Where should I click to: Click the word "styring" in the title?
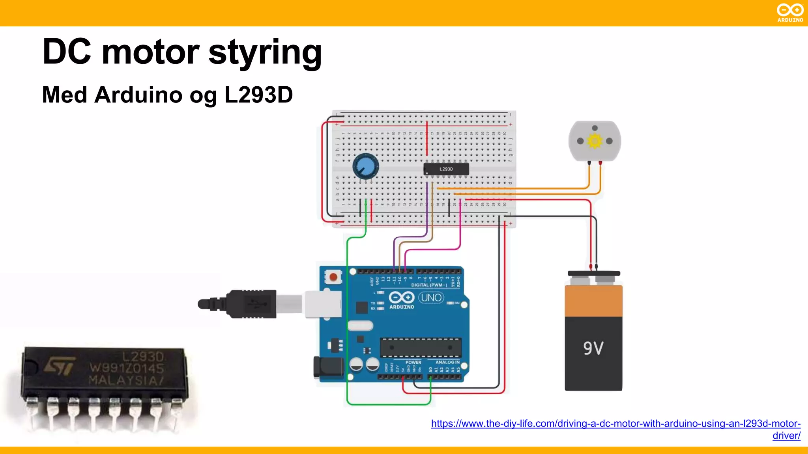pyautogui.click(x=265, y=53)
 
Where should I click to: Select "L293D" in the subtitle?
pyautogui.click(x=258, y=95)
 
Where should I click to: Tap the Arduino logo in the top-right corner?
pyautogui.click(x=790, y=13)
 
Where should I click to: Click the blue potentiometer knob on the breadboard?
pyautogui.click(x=365, y=167)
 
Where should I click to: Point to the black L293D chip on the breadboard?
pyautogui.click(x=446, y=169)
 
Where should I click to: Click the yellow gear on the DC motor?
pyautogui.click(x=595, y=141)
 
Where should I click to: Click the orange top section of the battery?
pyautogui.click(x=593, y=301)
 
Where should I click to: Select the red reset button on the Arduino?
pyautogui.click(x=333, y=277)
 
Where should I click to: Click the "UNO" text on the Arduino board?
pyautogui.click(x=431, y=298)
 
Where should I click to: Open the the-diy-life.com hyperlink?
pyautogui.click(x=615, y=424)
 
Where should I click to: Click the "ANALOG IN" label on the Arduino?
pyautogui.click(x=447, y=362)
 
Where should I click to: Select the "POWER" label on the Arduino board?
pyautogui.click(x=413, y=362)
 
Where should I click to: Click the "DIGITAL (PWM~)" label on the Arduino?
pyautogui.click(x=429, y=285)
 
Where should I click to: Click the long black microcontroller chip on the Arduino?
pyautogui.click(x=421, y=348)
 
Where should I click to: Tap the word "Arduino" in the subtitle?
pyautogui.click(x=139, y=95)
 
